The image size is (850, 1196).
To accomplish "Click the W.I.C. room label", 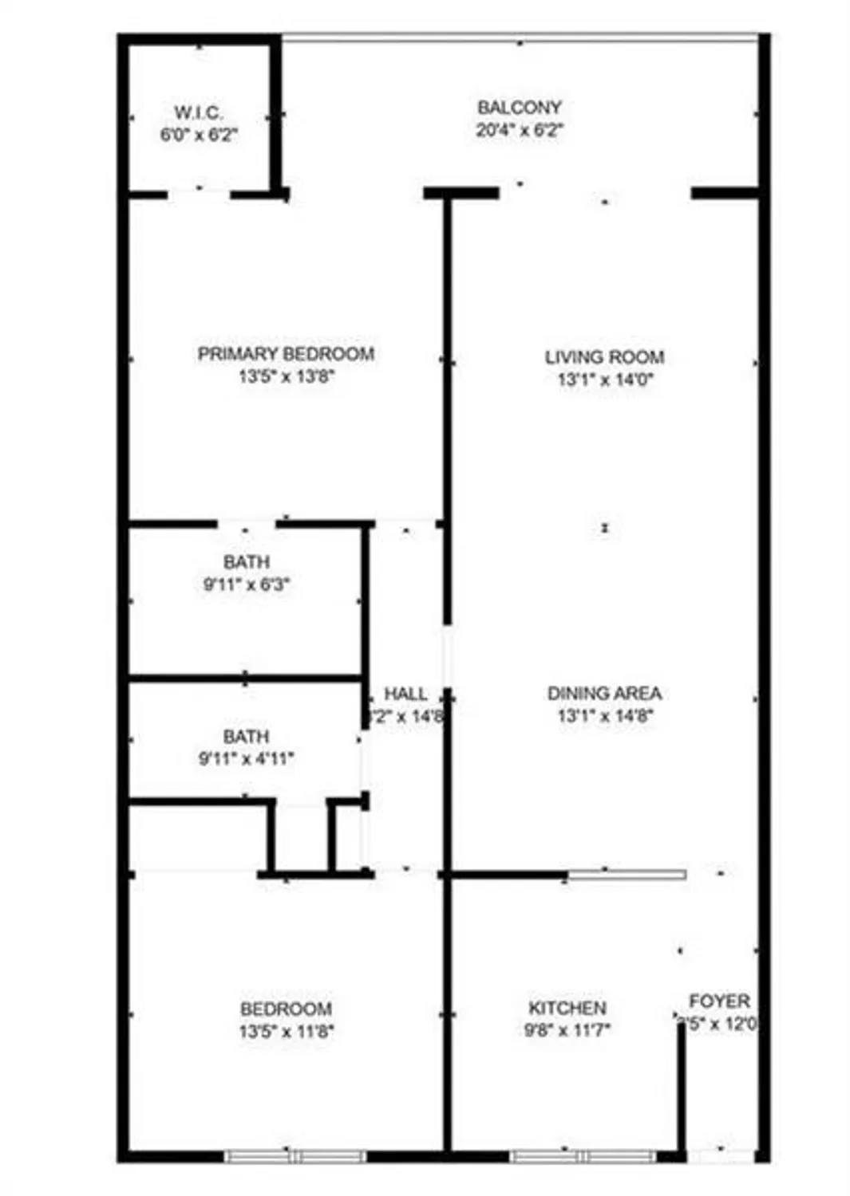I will pyautogui.click(x=198, y=112).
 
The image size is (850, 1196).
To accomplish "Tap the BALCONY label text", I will pyautogui.click(x=520, y=107).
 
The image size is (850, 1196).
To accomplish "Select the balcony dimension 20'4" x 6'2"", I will pyautogui.click(x=520, y=130).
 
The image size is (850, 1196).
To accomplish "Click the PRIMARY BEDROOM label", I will pyautogui.click(x=286, y=354).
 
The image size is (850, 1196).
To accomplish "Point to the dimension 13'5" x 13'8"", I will pyautogui.click(x=286, y=377).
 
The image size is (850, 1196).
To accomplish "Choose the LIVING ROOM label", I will pyautogui.click(x=604, y=357).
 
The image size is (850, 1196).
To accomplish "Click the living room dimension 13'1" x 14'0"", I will pyautogui.click(x=605, y=380).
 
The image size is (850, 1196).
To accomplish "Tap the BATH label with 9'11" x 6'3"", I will pyautogui.click(x=246, y=562).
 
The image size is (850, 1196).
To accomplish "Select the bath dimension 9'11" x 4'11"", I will pyautogui.click(x=246, y=759).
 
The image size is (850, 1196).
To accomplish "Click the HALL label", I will pyautogui.click(x=405, y=694).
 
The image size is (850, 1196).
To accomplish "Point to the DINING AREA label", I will pyautogui.click(x=604, y=694).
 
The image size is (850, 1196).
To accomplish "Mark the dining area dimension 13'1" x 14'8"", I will pyautogui.click(x=605, y=716).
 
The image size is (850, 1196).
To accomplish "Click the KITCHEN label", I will pyautogui.click(x=567, y=1008).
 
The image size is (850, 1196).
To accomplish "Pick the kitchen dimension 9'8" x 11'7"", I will pyautogui.click(x=567, y=1030).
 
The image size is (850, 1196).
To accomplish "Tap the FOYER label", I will pyautogui.click(x=719, y=1001).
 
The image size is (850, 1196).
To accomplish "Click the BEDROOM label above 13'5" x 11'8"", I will pyautogui.click(x=286, y=1009).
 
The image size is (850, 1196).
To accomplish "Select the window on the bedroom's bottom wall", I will pyautogui.click(x=295, y=1156).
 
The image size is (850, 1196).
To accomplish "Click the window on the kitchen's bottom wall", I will pyautogui.click(x=583, y=1156).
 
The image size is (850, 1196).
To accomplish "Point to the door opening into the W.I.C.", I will pyautogui.click(x=199, y=192).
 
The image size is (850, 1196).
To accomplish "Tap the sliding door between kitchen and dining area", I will pyautogui.click(x=627, y=875).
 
